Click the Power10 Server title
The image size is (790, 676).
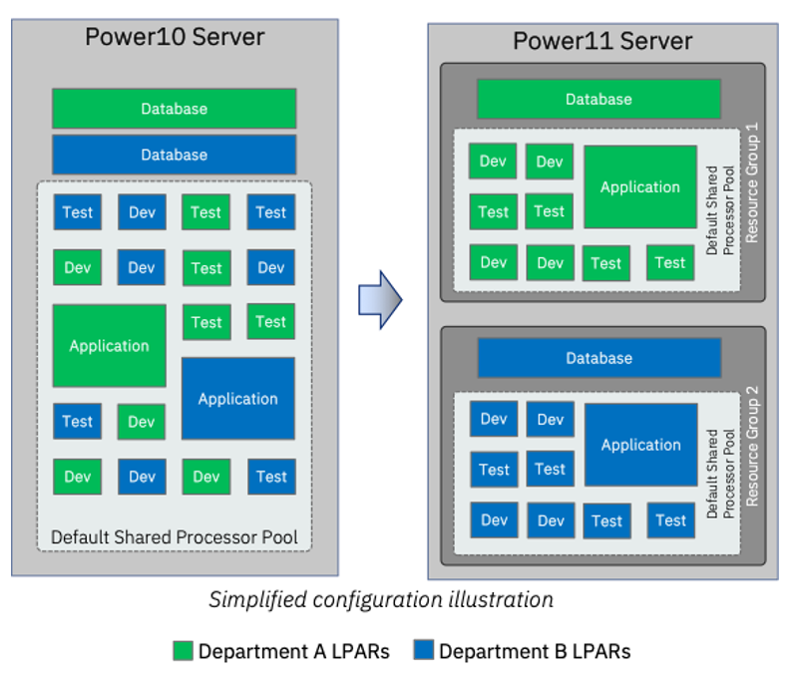[175, 38]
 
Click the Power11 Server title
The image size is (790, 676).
[602, 41]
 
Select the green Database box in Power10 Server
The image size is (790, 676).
[175, 109]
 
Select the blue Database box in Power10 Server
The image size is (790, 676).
[175, 155]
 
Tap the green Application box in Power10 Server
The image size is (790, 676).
[109, 346]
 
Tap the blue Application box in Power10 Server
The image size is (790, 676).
[237, 399]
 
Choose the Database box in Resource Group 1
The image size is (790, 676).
[598, 100]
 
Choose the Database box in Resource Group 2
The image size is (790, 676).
[598, 358]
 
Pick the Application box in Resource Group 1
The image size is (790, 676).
[640, 187]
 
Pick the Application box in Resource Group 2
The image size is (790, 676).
[640, 446]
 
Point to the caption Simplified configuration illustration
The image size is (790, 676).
[381, 600]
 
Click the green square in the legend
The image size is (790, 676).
[183, 651]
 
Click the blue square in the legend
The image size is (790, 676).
[423, 651]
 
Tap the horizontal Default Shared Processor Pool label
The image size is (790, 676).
[175, 537]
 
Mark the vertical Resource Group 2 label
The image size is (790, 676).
[752, 452]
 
